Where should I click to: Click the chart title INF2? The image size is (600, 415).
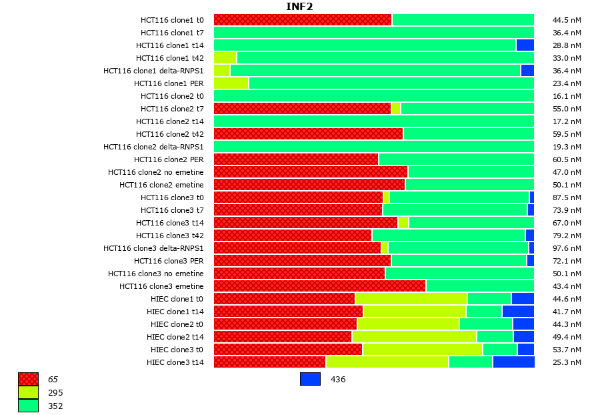299,7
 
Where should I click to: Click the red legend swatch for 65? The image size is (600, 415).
28,379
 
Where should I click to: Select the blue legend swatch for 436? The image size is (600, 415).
310,379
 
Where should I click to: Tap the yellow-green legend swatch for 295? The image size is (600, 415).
28,392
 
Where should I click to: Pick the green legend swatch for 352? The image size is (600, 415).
28,406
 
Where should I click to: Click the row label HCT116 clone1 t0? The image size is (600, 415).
172,20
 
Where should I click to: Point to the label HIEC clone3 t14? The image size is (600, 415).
175,362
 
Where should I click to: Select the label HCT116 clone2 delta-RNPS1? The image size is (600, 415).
153,147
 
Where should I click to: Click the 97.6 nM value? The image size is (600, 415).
567,248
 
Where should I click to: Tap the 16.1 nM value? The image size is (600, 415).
567,96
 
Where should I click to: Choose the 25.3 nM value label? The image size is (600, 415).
567,362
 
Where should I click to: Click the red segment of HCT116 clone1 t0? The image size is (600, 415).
303,20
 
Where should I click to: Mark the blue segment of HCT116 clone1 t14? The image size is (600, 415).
525,45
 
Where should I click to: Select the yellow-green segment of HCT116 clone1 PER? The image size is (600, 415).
231,83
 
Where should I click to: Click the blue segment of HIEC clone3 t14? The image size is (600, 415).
513,362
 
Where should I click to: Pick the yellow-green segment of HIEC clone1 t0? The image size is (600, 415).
411,299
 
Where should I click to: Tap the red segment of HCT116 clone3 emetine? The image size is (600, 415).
319,286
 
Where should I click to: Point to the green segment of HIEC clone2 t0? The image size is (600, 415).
485,324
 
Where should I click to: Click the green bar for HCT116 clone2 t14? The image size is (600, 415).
373,121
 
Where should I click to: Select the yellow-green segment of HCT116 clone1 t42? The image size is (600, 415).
225,58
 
